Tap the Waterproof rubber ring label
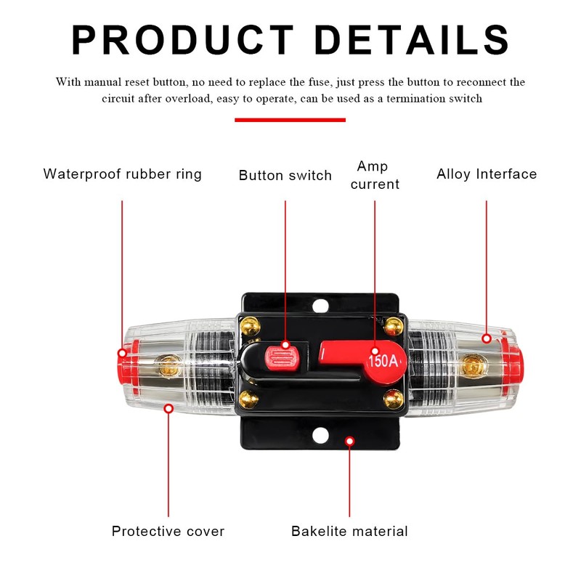[x=123, y=174]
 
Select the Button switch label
[x=285, y=175]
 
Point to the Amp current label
[x=375, y=176]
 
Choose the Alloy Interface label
[x=487, y=174]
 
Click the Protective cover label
[x=168, y=531]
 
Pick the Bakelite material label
[x=349, y=531]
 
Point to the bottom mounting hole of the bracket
[x=319, y=435]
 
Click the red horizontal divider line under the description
[x=290, y=120]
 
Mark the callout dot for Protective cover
[x=168, y=409]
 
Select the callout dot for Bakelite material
[x=349, y=441]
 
